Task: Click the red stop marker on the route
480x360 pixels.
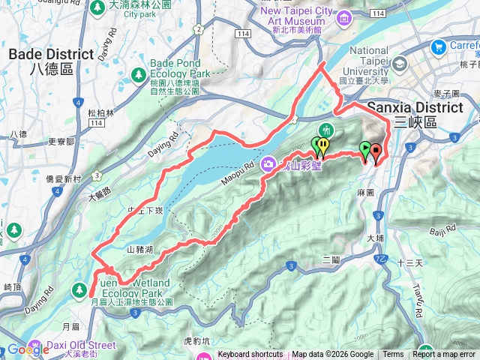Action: [376, 152]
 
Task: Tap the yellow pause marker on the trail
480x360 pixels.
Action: [323, 144]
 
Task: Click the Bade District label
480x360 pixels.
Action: [51, 60]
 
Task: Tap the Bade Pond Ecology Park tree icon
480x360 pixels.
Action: [138, 74]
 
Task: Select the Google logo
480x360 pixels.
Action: [28, 349]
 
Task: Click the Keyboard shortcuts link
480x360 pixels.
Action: [250, 355]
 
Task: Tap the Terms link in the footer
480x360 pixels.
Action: [393, 355]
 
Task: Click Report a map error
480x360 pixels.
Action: [444, 355]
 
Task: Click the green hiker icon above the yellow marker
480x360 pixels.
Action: [326, 128]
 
